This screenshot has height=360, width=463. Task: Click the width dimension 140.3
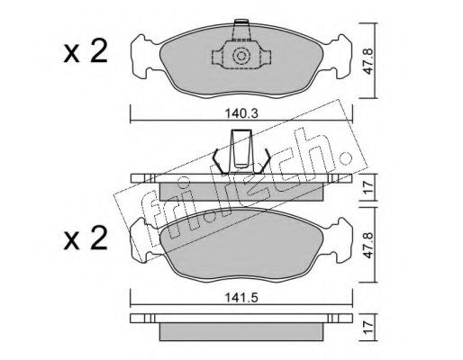pos(241,113)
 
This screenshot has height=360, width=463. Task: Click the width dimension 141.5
pos(241,298)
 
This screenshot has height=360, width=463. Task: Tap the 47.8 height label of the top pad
pos(368,62)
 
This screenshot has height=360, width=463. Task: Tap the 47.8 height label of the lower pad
pos(368,246)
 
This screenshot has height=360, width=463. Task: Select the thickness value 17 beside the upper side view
pos(368,187)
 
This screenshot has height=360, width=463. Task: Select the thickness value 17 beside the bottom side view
pos(368,328)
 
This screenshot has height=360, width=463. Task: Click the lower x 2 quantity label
pos(86,238)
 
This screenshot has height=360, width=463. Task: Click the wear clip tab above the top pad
pos(241,30)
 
